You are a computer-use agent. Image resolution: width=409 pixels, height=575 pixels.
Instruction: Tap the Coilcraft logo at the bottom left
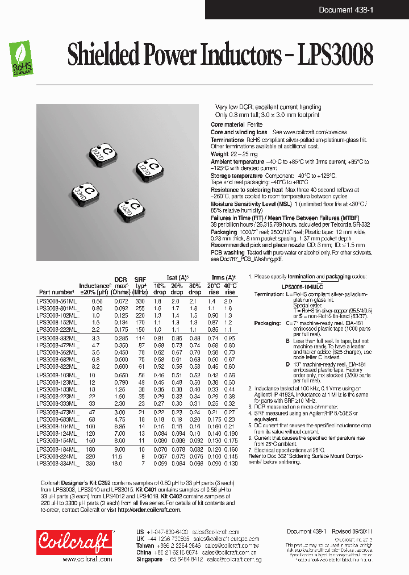pyautogui.click(x=74, y=542)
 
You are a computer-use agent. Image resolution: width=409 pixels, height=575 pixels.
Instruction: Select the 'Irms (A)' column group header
pyautogui.click(x=222, y=277)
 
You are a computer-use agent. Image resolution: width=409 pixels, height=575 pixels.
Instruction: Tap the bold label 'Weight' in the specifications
pyautogui.click(x=219, y=154)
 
